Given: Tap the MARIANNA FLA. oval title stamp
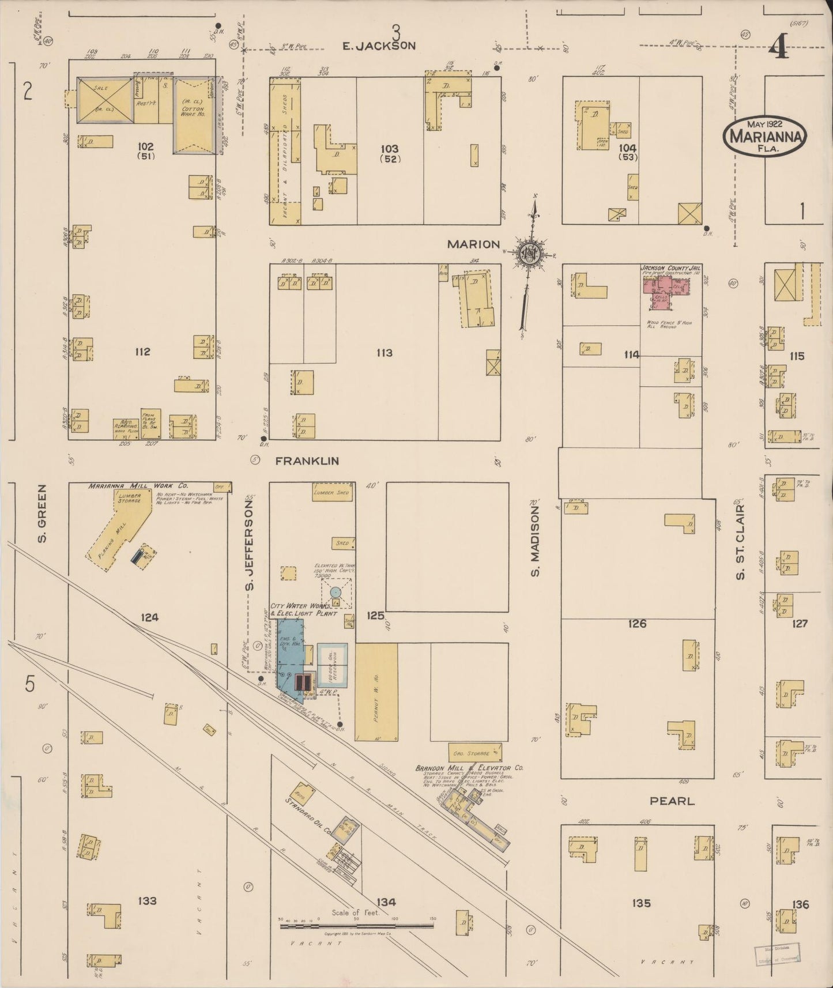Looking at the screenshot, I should coord(764,136).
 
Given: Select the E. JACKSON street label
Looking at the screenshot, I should coord(379,46).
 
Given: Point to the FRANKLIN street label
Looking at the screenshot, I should coord(307,461).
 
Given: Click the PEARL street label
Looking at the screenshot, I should coord(672,801).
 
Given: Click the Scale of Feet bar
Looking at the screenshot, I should coord(356,926).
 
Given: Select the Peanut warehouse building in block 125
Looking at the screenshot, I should coord(376,692).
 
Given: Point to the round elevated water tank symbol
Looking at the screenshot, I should coord(336,592).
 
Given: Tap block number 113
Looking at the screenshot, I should coord(385,353).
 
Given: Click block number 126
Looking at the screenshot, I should coord(638,624).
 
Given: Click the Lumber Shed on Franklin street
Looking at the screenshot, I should coord(331,493).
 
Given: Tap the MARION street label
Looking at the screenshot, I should coord(473,244).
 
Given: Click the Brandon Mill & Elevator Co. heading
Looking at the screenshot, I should coord(469,768).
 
